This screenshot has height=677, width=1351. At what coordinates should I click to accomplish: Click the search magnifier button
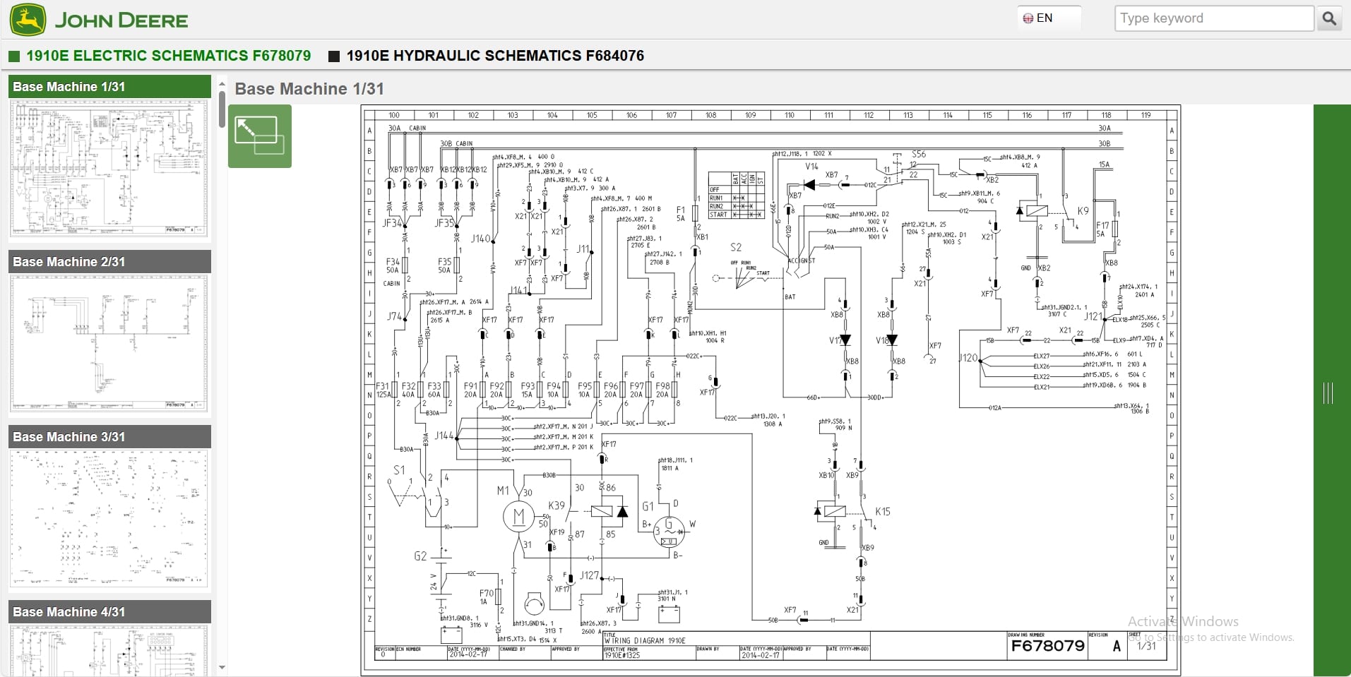(x=1329, y=18)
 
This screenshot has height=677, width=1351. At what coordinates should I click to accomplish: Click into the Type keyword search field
(x=1213, y=18)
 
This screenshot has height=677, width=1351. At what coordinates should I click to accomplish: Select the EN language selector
(x=1039, y=18)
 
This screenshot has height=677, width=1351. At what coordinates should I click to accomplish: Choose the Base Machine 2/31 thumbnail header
(x=109, y=261)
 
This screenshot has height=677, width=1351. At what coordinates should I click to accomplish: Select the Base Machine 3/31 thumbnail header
(x=109, y=436)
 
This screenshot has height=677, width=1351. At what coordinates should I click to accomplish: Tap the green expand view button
(x=259, y=136)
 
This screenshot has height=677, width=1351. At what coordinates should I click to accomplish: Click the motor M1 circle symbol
(x=518, y=517)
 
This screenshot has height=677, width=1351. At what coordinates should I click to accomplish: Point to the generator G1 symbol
(x=668, y=531)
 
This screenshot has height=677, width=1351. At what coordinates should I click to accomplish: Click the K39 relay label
(x=557, y=505)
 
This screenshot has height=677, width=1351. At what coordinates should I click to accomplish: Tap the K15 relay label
(x=882, y=511)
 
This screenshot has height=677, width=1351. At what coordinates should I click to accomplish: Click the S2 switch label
(x=735, y=247)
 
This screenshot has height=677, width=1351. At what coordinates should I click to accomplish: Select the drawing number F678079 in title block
(x=1047, y=646)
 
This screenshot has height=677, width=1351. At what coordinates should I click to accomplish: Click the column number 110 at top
(x=789, y=115)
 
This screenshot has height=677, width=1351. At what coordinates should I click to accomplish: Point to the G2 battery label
(x=420, y=556)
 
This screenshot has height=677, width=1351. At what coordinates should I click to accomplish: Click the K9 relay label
(x=1083, y=210)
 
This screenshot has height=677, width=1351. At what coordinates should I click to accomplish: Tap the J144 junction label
(x=444, y=436)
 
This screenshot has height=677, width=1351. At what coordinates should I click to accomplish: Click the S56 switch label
(x=918, y=154)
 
